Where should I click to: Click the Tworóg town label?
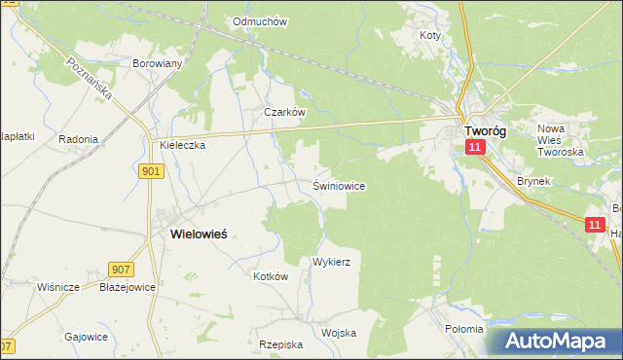484,130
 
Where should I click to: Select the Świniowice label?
339,185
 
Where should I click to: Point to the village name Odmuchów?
259,20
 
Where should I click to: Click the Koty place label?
429,35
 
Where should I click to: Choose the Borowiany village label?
158,63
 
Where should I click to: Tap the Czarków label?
285,112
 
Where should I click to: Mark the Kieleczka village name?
182,145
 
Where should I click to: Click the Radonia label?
78,139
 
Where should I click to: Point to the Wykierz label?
331,263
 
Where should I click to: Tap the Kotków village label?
272,276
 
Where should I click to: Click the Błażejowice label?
128,287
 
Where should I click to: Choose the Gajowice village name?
86,336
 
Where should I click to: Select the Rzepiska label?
281,344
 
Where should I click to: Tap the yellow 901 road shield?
151,171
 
